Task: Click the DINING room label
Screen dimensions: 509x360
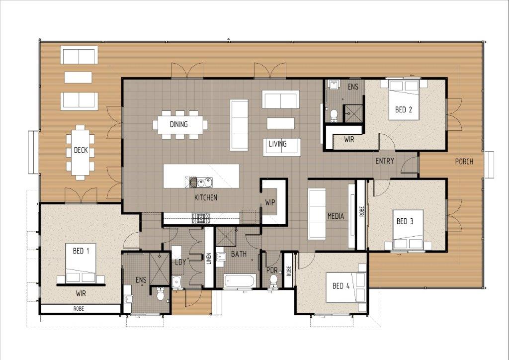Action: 178,124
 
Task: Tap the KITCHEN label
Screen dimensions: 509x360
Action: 206,197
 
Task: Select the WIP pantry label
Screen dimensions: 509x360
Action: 270,202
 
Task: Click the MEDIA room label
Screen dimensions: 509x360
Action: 336,216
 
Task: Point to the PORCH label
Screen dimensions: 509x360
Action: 464,161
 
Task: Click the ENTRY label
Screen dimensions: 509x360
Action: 385,161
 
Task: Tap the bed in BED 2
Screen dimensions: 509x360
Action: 404,100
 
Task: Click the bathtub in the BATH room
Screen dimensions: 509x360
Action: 240,281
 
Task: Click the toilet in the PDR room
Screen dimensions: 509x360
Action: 273,281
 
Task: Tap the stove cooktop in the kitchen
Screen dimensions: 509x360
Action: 201,218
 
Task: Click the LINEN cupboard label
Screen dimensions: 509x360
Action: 209,259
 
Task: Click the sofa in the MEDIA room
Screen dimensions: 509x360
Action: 317,214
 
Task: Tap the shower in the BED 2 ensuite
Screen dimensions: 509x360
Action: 353,113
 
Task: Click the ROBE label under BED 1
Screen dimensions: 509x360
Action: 79,309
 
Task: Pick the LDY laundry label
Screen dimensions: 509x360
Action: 180,262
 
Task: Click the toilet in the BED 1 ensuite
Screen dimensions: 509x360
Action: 160,294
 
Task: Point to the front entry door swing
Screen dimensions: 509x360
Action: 409,164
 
